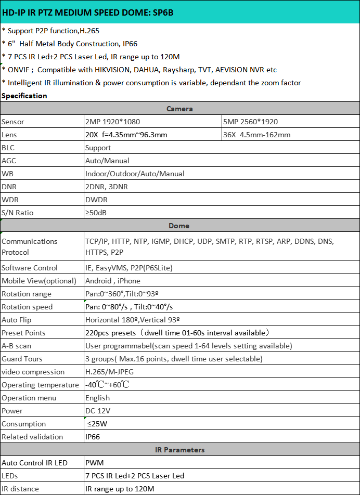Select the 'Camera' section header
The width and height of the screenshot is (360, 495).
point(179,109)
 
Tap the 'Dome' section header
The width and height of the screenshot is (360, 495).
point(179,226)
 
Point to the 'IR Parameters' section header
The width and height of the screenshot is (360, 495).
point(179,450)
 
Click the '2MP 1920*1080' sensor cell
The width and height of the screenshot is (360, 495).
point(112,122)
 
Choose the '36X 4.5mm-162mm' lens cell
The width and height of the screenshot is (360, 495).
point(256,135)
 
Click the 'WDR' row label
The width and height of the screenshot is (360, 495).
point(10,200)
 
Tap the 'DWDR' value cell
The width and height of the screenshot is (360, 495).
point(97,200)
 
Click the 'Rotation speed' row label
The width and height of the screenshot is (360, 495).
point(27,307)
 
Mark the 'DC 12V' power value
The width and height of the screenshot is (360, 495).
point(97,411)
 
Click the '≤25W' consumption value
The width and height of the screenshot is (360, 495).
point(97,424)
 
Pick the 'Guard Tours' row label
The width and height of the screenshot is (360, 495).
point(22,359)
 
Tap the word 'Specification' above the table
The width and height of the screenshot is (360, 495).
point(24,96)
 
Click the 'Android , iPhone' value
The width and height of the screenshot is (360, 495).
point(113,281)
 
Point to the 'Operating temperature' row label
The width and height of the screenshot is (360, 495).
point(40,385)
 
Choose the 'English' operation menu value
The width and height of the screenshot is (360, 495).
point(98,398)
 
